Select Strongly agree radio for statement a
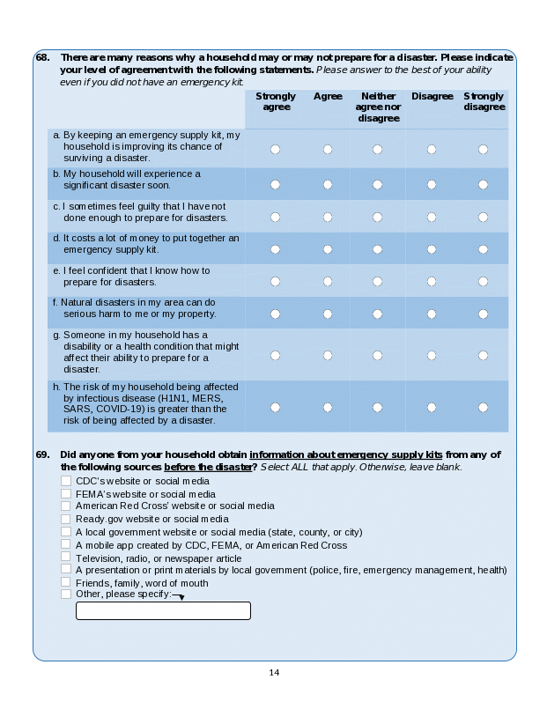pos(275,150)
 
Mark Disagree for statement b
pos(432,185)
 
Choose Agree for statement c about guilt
pos(328,217)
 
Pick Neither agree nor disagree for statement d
pos(377,249)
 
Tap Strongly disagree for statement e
pos(483,282)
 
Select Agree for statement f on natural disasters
pos(328,314)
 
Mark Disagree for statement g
pos(432,355)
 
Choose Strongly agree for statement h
pos(275,407)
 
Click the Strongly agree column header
pos(276,101)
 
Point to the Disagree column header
pos(432,96)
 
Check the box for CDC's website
pos(66,481)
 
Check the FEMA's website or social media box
pos(66,494)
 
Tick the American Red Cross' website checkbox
pos(66,506)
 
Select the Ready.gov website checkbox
pos(66,519)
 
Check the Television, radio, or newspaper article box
pos(66,558)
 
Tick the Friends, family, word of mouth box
pos(66,582)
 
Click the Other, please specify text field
pos(163,610)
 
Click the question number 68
pos(42,57)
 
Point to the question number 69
pos(42,454)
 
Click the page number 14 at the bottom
pos(274,673)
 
